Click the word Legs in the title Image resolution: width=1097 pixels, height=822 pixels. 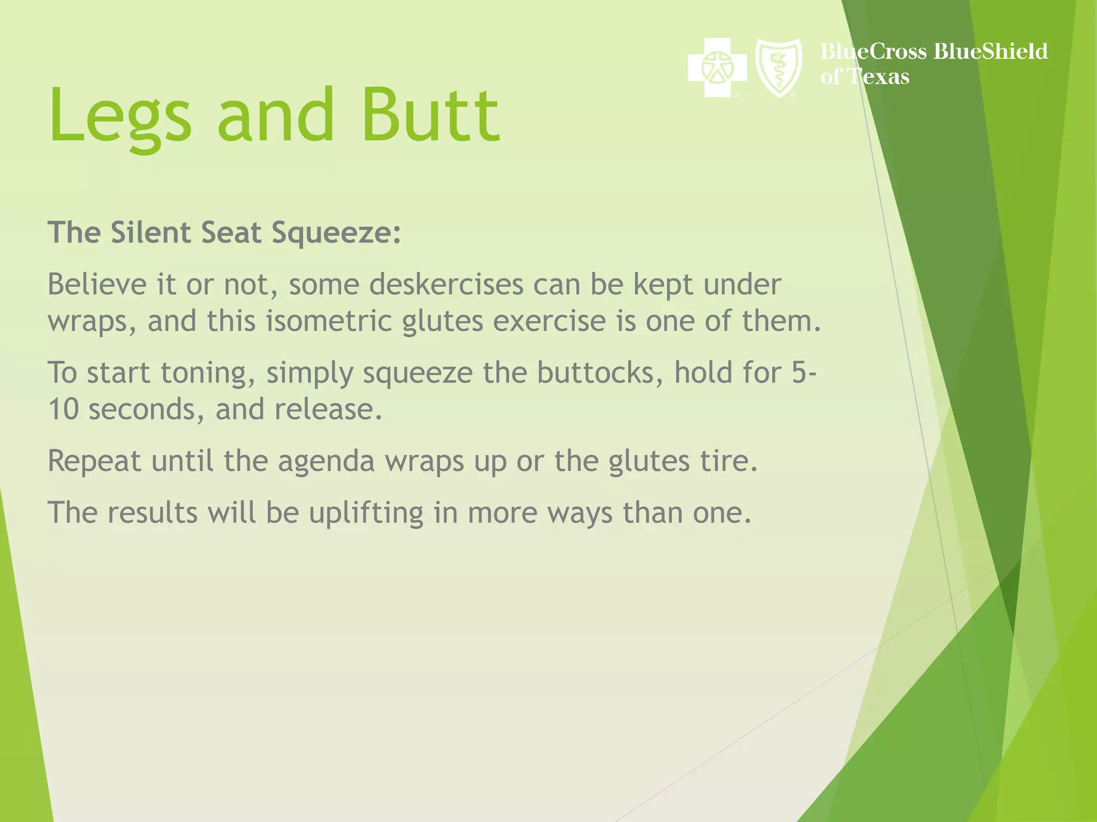pyautogui.click(x=120, y=116)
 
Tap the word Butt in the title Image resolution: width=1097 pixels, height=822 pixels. pyautogui.click(x=431, y=116)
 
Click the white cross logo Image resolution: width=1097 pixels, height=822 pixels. pyautogui.click(x=717, y=67)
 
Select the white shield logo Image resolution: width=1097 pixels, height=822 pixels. pyautogui.click(x=778, y=67)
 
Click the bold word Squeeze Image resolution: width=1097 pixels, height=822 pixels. pyautogui.click(x=336, y=233)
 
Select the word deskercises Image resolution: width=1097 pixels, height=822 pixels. pyautogui.click(x=446, y=284)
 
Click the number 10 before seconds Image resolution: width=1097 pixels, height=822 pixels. pyautogui.click(x=63, y=409)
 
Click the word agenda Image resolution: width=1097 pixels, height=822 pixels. pyautogui.click(x=326, y=461)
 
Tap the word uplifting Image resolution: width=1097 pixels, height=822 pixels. pyautogui.click(x=366, y=513)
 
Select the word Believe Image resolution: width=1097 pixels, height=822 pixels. pyautogui.click(x=96, y=284)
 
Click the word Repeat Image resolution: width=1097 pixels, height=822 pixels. pyautogui.click(x=94, y=461)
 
